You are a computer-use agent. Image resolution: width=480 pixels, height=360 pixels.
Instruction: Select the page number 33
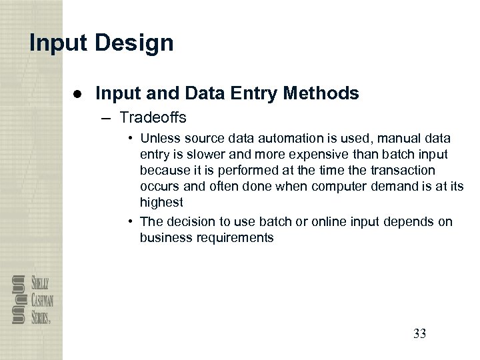tap(419, 333)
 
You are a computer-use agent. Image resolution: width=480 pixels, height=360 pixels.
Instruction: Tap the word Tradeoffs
tap(153, 118)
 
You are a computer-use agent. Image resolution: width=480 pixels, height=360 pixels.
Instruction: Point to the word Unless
tap(159, 139)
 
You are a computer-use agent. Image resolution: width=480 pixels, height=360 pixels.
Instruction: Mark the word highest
tap(161, 201)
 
